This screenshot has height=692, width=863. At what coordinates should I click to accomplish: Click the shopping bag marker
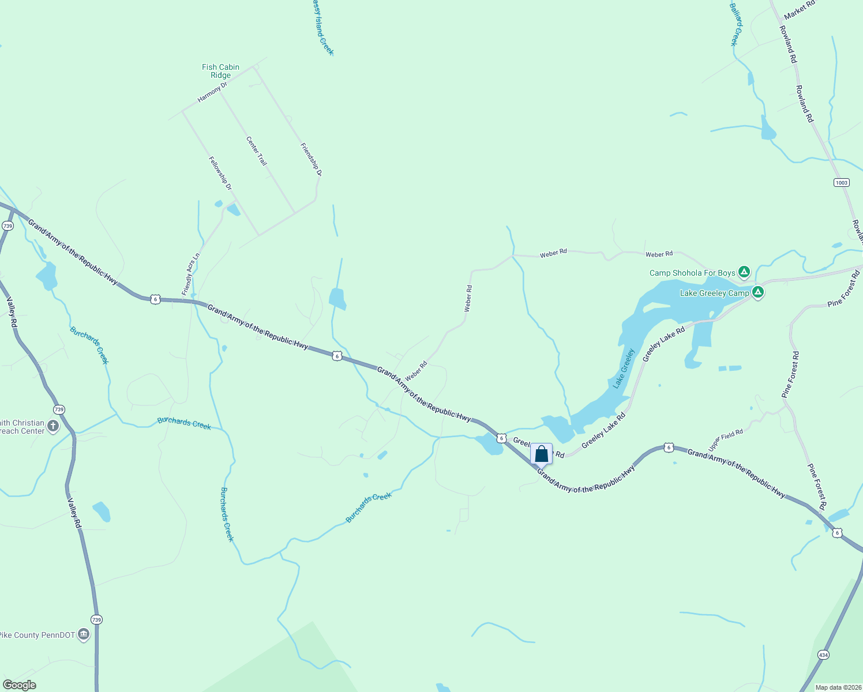541,453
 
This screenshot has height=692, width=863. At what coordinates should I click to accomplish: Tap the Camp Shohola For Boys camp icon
744,272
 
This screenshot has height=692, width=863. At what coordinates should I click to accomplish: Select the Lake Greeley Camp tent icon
758,292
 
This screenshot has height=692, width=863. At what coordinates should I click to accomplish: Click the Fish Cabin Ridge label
220,71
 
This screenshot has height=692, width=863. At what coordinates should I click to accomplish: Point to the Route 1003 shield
841,183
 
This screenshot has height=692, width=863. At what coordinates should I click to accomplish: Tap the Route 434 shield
823,655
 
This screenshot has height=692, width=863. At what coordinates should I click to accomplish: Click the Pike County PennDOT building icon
83,635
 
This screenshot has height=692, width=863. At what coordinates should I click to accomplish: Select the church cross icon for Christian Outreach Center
53,427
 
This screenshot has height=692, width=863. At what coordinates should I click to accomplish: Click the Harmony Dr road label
212,92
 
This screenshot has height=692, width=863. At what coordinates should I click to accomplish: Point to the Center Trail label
257,151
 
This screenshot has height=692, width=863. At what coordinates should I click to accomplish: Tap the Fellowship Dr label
220,174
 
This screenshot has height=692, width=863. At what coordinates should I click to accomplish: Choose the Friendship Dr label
311,159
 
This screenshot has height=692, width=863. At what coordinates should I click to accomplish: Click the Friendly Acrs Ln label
191,274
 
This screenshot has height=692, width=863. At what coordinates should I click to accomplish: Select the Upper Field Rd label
725,440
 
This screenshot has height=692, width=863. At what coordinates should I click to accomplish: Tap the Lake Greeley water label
623,368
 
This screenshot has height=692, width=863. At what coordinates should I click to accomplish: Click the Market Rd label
799,10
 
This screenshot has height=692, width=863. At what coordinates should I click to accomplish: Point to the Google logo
19,685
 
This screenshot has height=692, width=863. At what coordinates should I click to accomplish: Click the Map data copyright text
838,687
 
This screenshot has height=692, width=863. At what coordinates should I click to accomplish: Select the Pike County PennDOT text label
37,635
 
